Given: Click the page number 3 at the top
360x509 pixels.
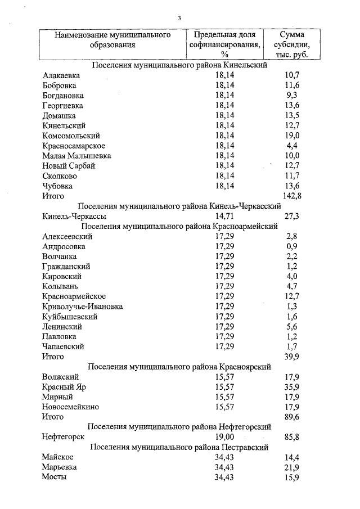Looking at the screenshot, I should click(x=179, y=18).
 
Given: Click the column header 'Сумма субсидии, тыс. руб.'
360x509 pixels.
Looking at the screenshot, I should click(x=292, y=45).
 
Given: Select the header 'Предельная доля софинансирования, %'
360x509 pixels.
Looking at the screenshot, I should click(x=224, y=45).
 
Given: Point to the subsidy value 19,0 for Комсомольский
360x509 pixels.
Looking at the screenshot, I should click(x=292, y=136).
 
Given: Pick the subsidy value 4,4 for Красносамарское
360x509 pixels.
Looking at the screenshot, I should click(x=292, y=146).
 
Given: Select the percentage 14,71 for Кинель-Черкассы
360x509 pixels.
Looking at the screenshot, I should click(x=224, y=216).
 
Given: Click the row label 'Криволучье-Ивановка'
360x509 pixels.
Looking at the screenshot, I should click(x=82, y=307).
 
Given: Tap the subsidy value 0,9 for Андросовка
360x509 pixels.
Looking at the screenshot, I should click(x=292, y=246).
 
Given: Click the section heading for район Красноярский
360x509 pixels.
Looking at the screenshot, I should click(x=179, y=367).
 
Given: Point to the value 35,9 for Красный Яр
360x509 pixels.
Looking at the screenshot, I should click(x=292, y=387).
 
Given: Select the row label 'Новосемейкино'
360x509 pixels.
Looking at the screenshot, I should click(x=70, y=407).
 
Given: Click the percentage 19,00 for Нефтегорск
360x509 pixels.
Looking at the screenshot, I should click(x=224, y=437).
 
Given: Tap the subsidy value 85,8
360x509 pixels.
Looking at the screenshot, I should click(x=292, y=437).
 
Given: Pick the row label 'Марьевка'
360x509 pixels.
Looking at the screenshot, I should click(x=60, y=467).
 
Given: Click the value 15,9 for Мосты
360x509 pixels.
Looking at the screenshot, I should click(x=292, y=478).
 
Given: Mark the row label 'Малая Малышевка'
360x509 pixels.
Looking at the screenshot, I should click(x=76, y=156).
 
